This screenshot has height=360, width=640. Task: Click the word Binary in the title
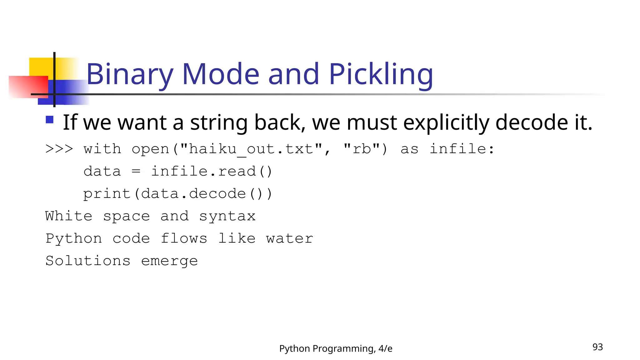130,74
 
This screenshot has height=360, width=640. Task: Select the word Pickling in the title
381,74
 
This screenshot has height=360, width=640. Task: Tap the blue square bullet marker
49,120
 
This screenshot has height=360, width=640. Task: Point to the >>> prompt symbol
59,149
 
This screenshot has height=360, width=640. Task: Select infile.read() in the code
212,171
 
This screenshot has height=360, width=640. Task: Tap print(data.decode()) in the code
178,194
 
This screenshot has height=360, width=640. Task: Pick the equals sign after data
136,171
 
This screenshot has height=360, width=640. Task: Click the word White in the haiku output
69,216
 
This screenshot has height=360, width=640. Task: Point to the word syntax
227,216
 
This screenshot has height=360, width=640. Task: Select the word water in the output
289,239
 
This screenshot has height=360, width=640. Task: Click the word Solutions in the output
88,261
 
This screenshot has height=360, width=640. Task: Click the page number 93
597,347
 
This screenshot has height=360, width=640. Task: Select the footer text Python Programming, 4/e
336,348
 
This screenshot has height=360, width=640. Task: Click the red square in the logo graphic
28,87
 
